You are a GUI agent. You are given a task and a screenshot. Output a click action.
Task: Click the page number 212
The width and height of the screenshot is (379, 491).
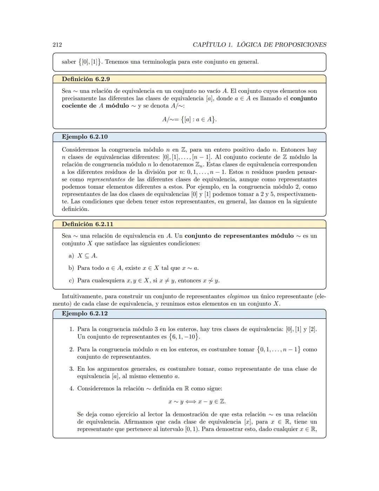(57, 45)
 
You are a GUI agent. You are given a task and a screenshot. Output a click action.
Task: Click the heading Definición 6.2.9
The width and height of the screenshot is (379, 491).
(86, 79)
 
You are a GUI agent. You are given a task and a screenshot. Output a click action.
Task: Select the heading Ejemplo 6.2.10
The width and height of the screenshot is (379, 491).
(85, 137)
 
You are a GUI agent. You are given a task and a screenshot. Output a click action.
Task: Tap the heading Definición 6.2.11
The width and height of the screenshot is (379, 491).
(87, 224)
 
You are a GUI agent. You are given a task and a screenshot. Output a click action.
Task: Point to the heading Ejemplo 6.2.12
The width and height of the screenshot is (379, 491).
(85, 314)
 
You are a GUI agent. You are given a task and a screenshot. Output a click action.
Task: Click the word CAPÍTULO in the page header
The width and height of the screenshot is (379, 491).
(209, 45)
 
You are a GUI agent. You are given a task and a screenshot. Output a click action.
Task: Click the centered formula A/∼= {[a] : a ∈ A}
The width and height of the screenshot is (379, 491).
(189, 119)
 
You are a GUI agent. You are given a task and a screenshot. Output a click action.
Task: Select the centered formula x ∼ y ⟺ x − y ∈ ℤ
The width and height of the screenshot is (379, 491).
(197, 401)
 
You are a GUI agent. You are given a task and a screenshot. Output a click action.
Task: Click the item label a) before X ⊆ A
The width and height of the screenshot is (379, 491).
(71, 256)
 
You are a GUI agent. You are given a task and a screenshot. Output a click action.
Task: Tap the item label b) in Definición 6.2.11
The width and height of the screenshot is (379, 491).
(71, 268)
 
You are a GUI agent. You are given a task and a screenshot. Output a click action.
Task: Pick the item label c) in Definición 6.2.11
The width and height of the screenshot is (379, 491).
(71, 281)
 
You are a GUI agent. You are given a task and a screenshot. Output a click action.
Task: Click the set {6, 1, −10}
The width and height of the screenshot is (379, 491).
(184, 337)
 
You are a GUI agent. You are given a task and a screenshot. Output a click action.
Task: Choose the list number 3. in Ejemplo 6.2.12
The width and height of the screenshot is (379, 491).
(72, 369)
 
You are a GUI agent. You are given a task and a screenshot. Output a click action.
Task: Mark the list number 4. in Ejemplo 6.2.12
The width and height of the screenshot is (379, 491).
(72, 389)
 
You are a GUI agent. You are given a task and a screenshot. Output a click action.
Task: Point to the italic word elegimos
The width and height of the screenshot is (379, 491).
(238, 296)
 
